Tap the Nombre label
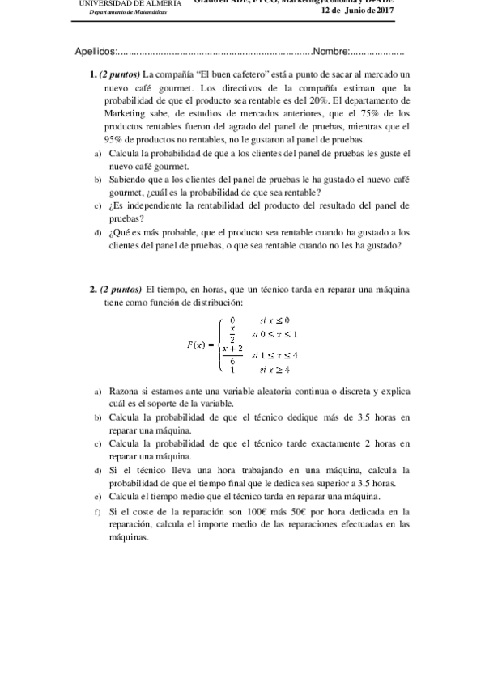click(x=330, y=52)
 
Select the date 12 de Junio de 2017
click(x=356, y=10)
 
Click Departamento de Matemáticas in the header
click(x=128, y=13)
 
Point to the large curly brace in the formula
click(x=219, y=345)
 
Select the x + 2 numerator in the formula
click(x=232, y=348)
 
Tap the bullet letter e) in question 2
click(x=97, y=496)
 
